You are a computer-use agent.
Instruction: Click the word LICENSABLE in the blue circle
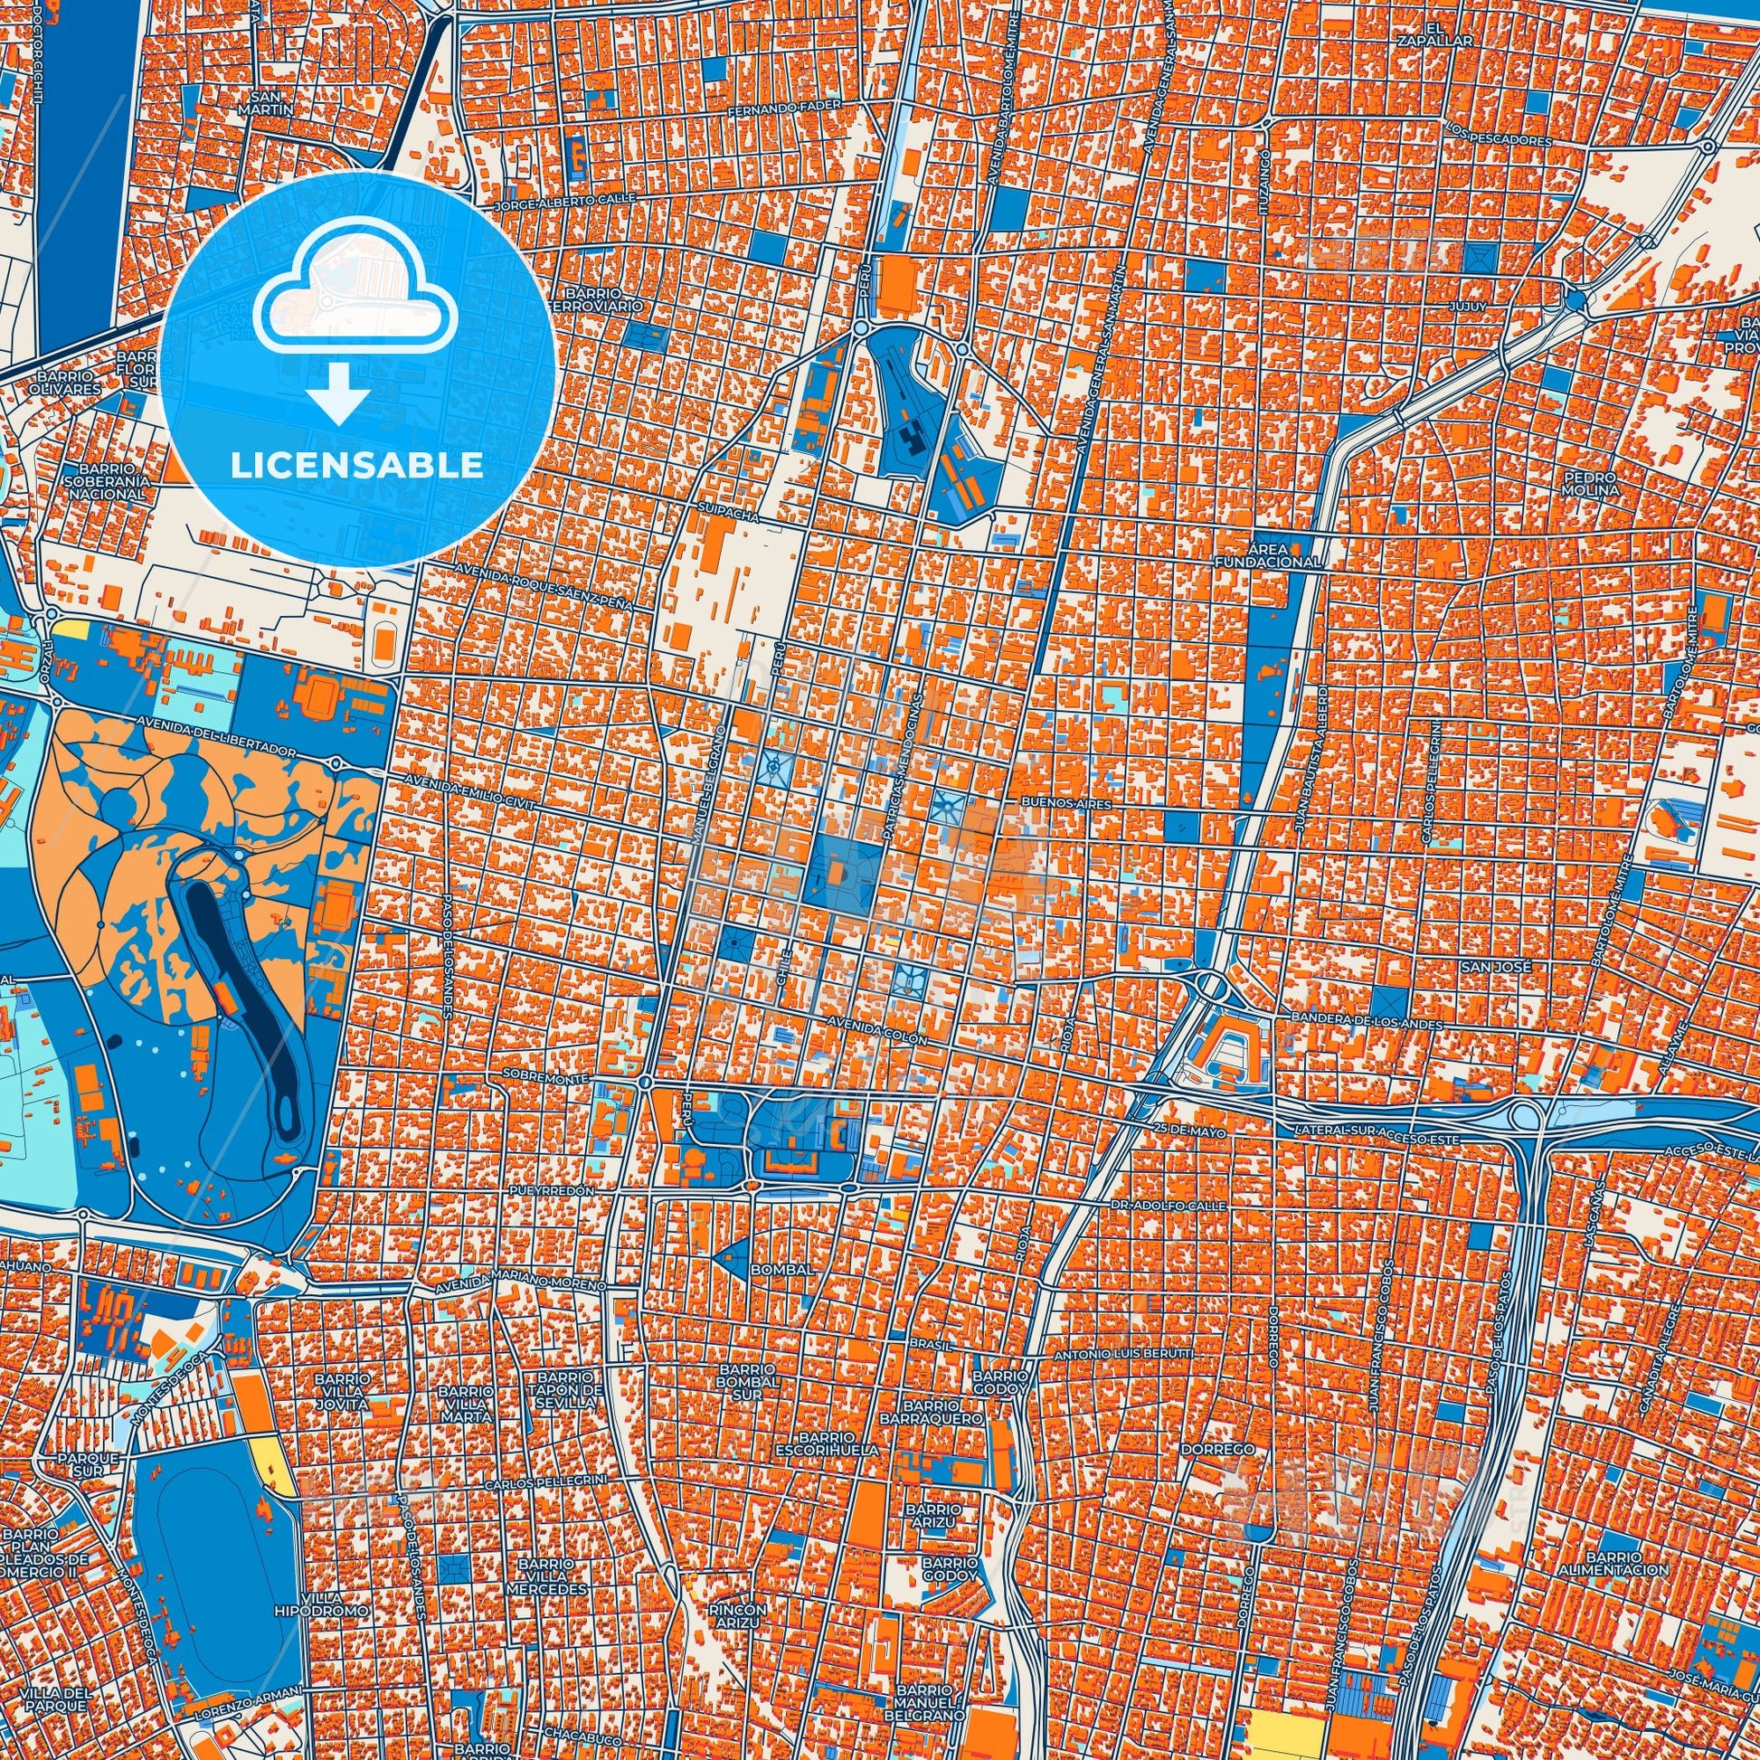point(357,466)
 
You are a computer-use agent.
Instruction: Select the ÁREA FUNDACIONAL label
point(1266,555)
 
